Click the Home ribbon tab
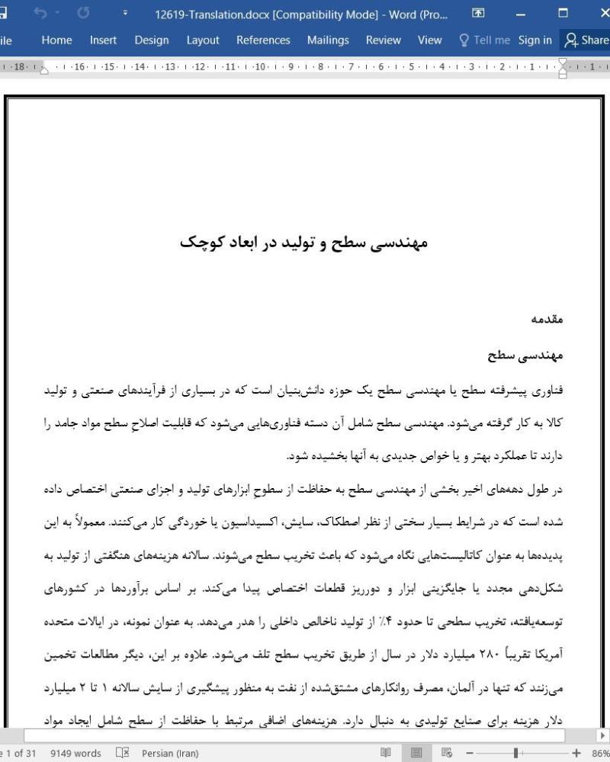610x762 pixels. (x=56, y=40)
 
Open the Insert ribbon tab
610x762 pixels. (x=103, y=40)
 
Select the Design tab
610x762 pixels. (x=151, y=40)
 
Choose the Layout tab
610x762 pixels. (x=202, y=40)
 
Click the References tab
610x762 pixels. (x=263, y=40)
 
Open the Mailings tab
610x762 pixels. (x=328, y=40)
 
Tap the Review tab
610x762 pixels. (x=383, y=40)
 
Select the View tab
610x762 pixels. (x=429, y=40)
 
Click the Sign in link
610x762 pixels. (x=535, y=40)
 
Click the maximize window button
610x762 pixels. (x=563, y=13)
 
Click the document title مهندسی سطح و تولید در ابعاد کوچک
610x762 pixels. (x=304, y=243)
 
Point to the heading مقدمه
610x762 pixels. (x=547, y=320)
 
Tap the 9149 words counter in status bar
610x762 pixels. (x=75, y=754)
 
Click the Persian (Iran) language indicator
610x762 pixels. (x=168, y=754)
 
